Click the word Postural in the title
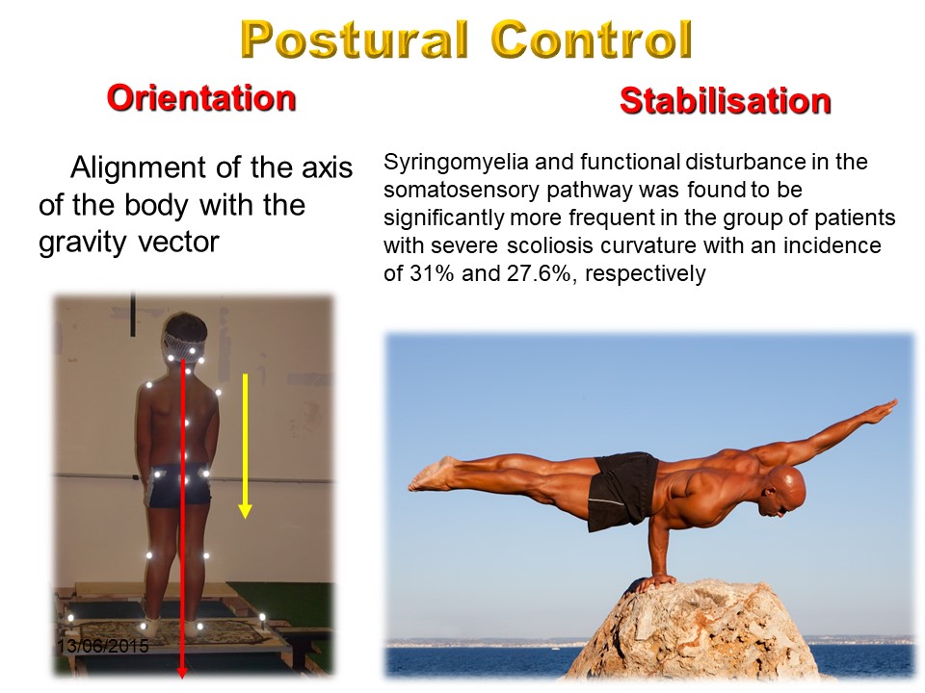(x=355, y=39)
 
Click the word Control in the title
(x=591, y=39)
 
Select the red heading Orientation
(x=201, y=98)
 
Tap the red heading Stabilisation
(x=725, y=101)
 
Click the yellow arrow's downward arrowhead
(x=245, y=511)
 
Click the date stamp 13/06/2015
(x=103, y=646)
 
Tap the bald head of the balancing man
(x=784, y=490)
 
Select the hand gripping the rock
(x=654, y=583)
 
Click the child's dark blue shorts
(x=177, y=485)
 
